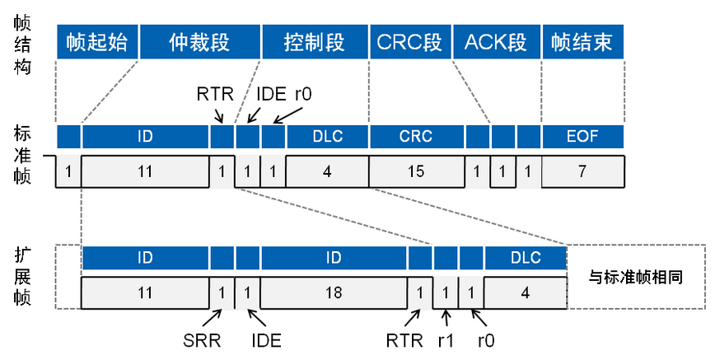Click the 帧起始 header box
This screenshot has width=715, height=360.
pos(97,42)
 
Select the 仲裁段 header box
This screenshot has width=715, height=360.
pos(199,42)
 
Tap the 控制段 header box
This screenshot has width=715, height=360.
pos(314,42)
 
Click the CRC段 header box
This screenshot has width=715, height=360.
pos(409,42)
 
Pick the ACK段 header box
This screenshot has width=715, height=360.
pos(495,42)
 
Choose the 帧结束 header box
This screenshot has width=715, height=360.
pos(582,42)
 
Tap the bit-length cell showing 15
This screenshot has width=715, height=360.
pos(415,171)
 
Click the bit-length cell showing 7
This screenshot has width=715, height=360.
pos(582,171)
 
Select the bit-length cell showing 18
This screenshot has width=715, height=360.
pos(334,292)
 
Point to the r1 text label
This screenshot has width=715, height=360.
pos(446,338)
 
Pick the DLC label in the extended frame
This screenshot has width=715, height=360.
pos(526,258)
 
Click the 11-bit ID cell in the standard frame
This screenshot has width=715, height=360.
pos(145,171)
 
